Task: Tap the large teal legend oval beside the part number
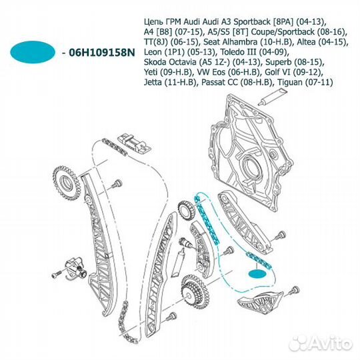(x=33, y=52)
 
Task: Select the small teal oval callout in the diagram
(x=257, y=274)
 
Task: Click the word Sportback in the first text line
(x=251, y=21)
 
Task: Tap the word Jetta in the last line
(x=153, y=82)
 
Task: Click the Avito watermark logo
(x=321, y=343)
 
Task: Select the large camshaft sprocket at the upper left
(x=67, y=182)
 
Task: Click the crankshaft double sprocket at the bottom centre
(x=195, y=291)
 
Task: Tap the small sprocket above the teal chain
(x=187, y=210)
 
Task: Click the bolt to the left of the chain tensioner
(x=56, y=274)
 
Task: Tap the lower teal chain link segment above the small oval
(x=259, y=261)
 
